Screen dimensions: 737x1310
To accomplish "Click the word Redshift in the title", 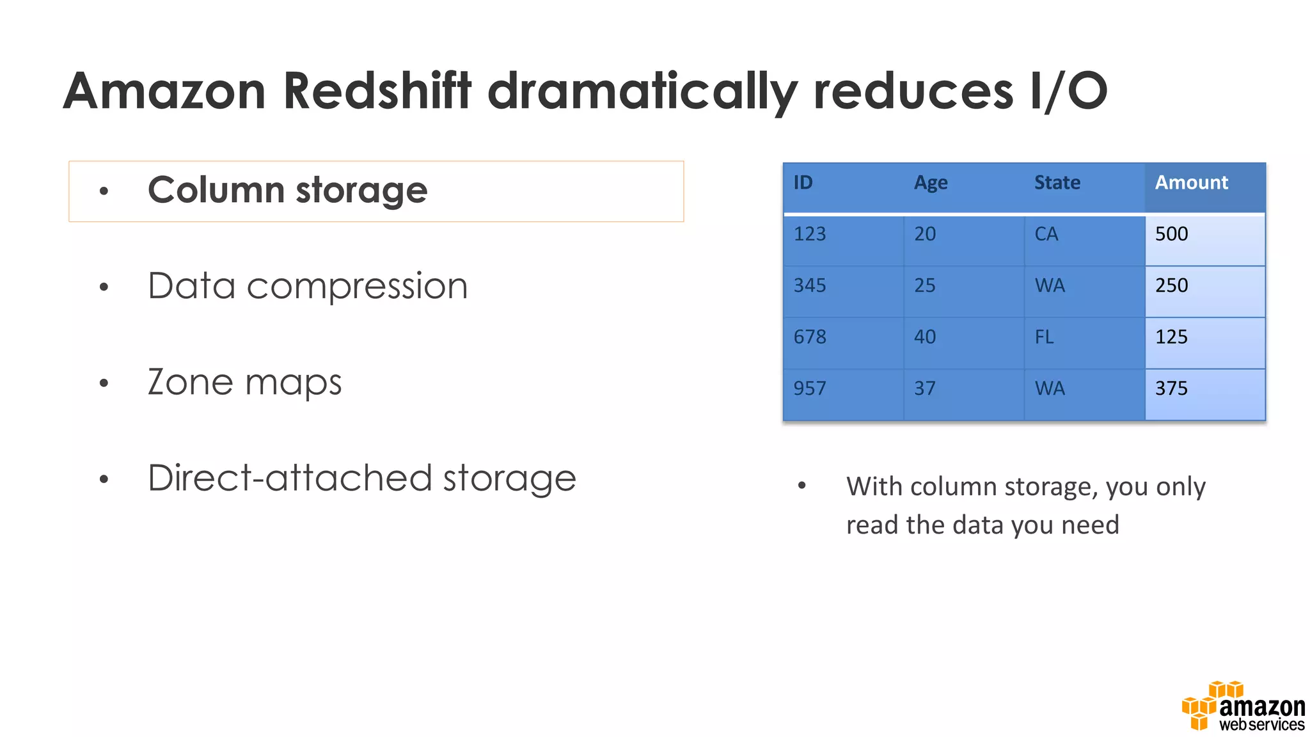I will [377, 91].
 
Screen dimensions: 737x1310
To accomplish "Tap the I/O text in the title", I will [1068, 91].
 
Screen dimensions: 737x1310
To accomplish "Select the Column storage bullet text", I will [287, 191].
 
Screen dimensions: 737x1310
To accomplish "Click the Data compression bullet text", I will [308, 286].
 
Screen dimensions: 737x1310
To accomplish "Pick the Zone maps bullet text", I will [244, 383].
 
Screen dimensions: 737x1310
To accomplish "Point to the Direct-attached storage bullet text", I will [361, 479].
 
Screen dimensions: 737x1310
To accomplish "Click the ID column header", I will [803, 183].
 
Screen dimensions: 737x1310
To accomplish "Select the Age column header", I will [931, 183].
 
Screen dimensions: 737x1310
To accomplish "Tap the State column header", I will [1057, 183].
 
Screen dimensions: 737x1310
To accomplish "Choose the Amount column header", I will [1191, 183].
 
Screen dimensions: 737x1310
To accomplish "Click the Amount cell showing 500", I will [1171, 234].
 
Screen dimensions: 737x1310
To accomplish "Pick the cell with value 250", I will [1171, 285].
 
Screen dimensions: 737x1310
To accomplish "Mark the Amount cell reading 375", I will [1171, 388].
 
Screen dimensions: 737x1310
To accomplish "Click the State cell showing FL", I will [1044, 337].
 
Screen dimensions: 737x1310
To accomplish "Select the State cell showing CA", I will [1046, 234].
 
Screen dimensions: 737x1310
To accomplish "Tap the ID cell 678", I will [810, 337].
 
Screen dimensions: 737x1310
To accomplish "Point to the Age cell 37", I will [924, 388].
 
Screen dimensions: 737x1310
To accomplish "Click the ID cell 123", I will [810, 234].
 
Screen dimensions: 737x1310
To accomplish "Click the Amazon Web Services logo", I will [1243, 708].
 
